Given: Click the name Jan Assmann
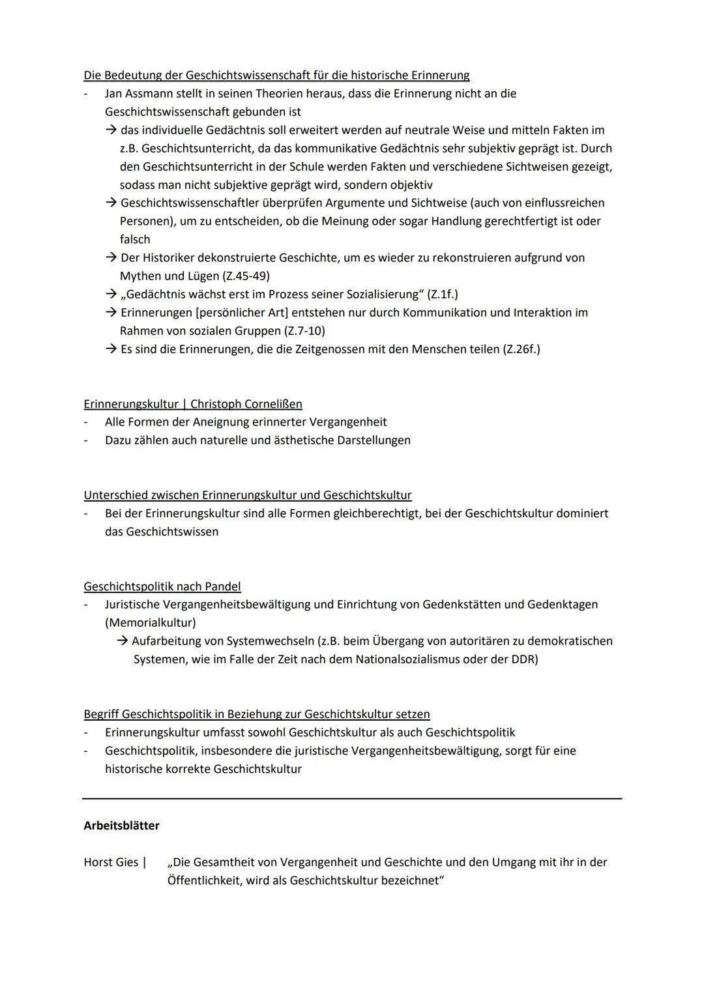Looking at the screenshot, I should click(x=139, y=94).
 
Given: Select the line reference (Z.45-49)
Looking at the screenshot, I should click(x=246, y=276).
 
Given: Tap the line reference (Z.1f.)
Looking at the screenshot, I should click(x=443, y=295).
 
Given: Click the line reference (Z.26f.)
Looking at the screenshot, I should click(x=521, y=349).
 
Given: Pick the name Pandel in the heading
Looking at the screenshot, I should click(x=222, y=586).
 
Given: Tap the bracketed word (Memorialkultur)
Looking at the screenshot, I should click(x=151, y=623).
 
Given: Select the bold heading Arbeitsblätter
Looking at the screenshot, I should click(x=121, y=826).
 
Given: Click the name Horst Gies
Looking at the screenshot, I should click(x=111, y=863).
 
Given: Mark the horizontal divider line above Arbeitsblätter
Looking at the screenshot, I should click(x=352, y=798).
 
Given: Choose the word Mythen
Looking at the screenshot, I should click(x=140, y=276).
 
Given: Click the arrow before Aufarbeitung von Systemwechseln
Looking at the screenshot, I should click(x=123, y=641).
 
